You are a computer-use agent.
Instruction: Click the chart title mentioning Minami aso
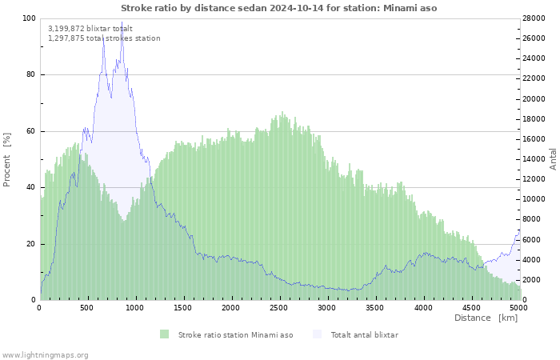click(278, 8)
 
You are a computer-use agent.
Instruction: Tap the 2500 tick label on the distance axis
click(278, 307)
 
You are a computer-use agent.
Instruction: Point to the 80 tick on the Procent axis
click(30, 74)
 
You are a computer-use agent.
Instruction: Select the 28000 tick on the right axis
click(534, 18)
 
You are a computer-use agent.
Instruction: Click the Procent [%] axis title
click(6, 160)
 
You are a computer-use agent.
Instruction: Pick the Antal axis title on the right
click(553, 159)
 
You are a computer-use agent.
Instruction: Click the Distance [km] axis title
click(486, 318)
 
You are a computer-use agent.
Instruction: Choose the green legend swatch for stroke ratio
click(164, 334)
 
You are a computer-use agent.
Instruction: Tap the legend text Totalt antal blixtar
click(364, 335)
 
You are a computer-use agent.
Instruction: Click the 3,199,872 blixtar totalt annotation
click(90, 29)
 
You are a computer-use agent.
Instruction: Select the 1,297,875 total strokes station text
click(104, 38)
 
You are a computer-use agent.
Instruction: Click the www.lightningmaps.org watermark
click(44, 355)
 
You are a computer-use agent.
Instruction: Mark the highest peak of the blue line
click(122, 22)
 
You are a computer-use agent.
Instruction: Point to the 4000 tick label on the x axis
click(423, 307)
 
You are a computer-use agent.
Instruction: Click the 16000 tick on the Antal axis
click(534, 139)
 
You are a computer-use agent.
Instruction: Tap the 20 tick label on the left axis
click(30, 244)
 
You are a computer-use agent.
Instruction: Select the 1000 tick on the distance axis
click(134, 307)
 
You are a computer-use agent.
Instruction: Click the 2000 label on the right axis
click(532, 280)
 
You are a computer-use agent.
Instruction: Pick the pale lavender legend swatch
click(317, 334)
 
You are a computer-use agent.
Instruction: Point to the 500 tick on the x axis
click(86, 307)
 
